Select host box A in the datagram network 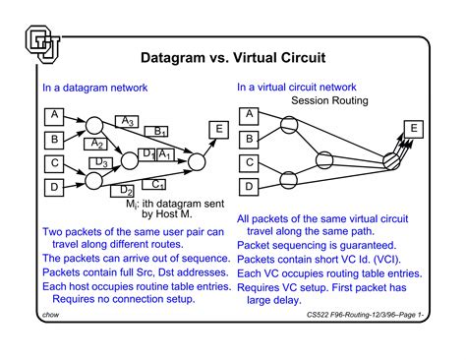(55, 115)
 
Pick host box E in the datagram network (218, 129)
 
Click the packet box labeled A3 (125, 121)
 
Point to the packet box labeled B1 (157, 130)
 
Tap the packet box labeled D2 (125, 190)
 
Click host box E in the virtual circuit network (414, 129)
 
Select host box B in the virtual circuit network (250, 139)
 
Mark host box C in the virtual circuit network (250, 162)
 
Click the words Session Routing (329, 101)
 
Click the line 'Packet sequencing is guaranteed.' (317, 245)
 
